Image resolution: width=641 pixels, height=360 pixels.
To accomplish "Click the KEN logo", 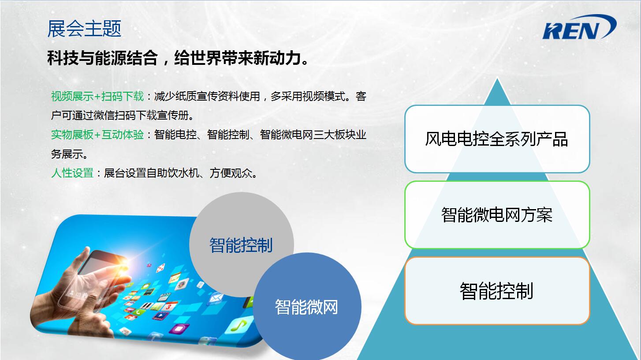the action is pyautogui.click(x=579, y=27).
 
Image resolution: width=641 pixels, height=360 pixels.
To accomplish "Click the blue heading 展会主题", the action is pyautogui.click(x=84, y=29).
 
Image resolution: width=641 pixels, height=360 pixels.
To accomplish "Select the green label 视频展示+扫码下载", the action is pyautogui.click(x=97, y=97).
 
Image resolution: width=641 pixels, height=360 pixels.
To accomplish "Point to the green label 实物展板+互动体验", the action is pyautogui.click(x=97, y=135).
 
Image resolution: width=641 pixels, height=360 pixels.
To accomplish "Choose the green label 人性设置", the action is pyautogui.click(x=72, y=173).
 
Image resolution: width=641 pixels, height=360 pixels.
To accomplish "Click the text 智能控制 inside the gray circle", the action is pyautogui.click(x=241, y=245).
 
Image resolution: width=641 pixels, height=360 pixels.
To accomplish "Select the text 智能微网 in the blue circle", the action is pyautogui.click(x=306, y=307).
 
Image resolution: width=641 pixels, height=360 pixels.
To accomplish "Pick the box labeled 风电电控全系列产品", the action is pyautogui.click(x=497, y=139).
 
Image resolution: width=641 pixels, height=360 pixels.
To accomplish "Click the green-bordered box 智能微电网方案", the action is pyautogui.click(x=497, y=215).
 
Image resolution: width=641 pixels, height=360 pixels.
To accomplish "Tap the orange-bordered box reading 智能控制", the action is pyautogui.click(x=497, y=291).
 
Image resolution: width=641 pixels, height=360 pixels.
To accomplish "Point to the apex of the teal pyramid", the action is pyautogui.click(x=497, y=78).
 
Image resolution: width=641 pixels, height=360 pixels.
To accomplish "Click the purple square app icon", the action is pyautogui.click(x=179, y=329).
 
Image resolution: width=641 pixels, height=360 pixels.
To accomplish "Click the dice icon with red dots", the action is pyautogui.click(x=160, y=268).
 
